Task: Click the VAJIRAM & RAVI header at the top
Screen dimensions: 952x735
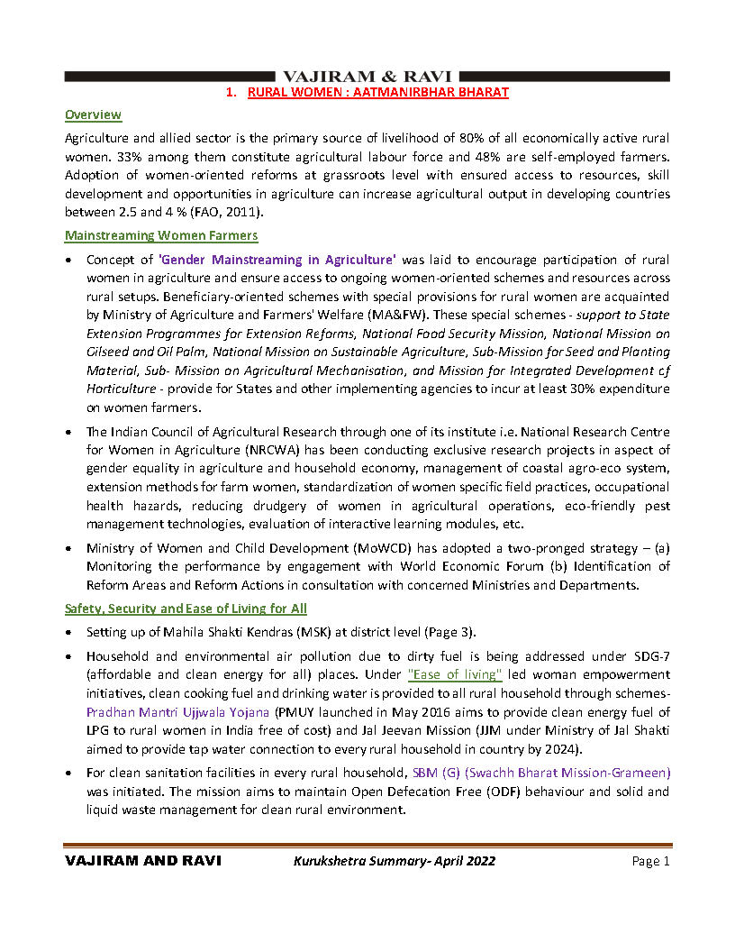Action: tap(367, 77)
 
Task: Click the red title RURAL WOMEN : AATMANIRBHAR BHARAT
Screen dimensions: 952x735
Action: tap(378, 92)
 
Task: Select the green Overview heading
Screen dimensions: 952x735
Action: tap(93, 114)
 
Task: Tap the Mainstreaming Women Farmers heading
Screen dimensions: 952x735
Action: tap(161, 235)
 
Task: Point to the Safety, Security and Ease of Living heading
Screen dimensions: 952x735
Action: tap(186, 609)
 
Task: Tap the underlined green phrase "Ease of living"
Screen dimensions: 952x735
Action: tap(455, 674)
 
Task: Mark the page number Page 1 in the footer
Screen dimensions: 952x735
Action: tap(651, 862)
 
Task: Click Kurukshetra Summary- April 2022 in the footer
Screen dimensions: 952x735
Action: tap(395, 862)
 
